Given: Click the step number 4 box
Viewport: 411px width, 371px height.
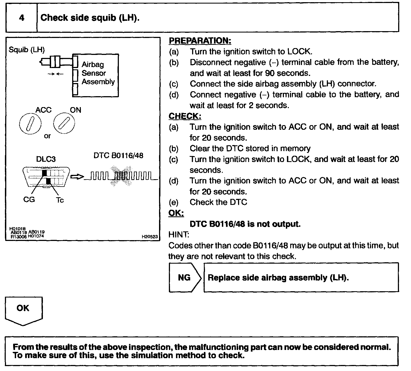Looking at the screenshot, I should coord(22,18).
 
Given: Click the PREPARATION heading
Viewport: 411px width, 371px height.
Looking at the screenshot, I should coord(200,41).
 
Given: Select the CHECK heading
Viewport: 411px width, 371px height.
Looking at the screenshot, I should coord(185,116).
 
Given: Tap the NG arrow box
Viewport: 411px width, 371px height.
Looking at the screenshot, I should coord(185,278).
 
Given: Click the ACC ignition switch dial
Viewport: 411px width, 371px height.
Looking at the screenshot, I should coord(30,123).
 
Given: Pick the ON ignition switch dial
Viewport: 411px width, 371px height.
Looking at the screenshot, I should coord(64,123).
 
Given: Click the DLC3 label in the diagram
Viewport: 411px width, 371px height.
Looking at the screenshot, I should coord(46,159).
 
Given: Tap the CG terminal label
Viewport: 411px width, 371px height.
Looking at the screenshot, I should coord(29,200).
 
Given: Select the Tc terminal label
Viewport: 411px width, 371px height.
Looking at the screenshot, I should coord(60,200).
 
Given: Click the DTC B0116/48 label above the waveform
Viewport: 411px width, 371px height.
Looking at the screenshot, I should coord(118,156).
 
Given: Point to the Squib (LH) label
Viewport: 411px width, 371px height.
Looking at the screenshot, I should coord(27,50).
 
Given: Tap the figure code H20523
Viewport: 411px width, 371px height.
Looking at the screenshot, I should coord(149,237).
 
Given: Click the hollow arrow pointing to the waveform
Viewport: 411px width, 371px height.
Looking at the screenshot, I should coord(77,177).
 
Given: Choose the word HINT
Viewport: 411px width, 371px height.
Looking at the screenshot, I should coord(179,234).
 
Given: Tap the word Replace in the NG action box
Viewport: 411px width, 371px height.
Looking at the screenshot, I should coord(224,278).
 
